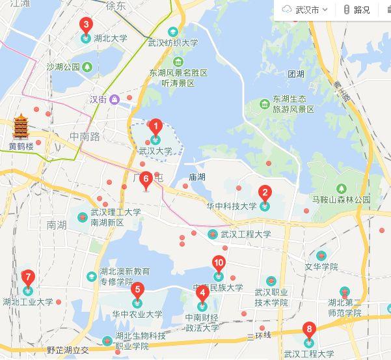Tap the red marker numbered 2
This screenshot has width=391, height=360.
264,193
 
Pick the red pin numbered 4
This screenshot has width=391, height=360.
202,294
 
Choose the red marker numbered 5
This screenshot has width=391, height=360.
137,291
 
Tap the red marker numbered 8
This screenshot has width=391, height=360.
309,330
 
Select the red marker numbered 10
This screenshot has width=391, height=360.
219,264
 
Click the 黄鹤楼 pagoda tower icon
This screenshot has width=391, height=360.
21,127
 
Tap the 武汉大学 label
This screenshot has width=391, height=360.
155,151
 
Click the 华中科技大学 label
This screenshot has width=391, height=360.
231,206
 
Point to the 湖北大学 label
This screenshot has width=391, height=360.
111,38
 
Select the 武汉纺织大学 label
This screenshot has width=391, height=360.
172,44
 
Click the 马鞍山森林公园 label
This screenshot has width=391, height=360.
341,200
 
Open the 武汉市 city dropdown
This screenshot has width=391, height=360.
305,10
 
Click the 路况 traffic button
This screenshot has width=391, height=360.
357,10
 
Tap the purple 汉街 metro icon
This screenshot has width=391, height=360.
115,100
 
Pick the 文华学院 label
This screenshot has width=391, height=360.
321,267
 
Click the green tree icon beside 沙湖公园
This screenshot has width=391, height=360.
87,66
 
